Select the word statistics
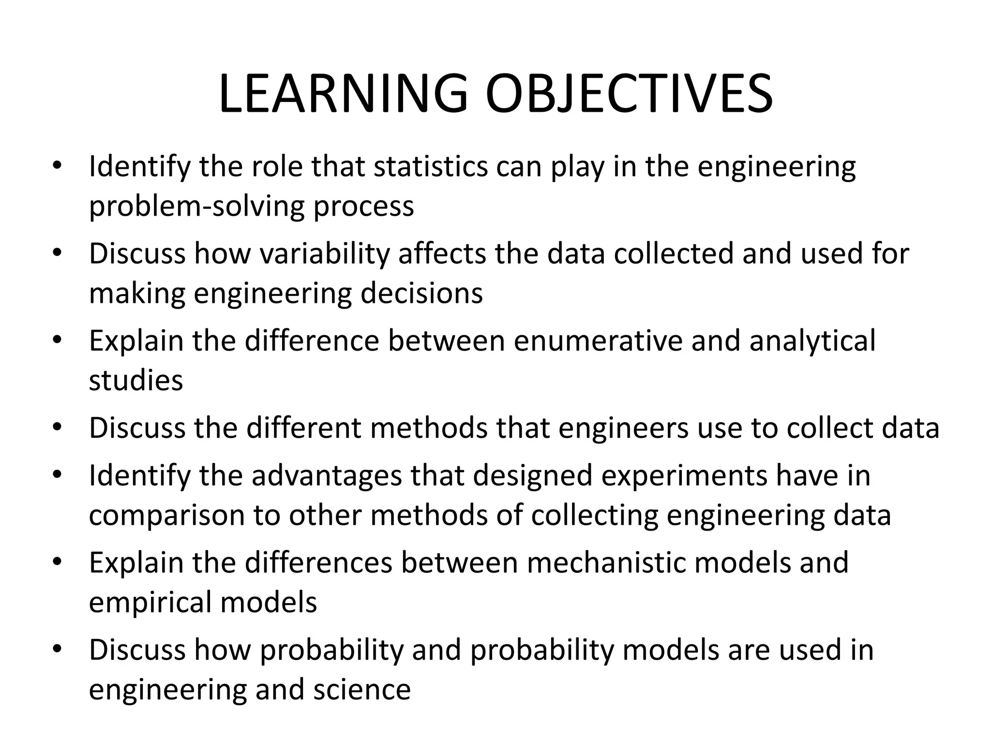pyautogui.click(x=431, y=166)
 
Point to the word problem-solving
pyautogui.click(x=197, y=207)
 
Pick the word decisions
pyautogui.click(x=421, y=293)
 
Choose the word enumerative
pyautogui.click(x=598, y=341)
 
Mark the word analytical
pyautogui.click(x=812, y=341)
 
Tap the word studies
pyautogui.click(x=136, y=380)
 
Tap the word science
pyautogui.click(x=362, y=690)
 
